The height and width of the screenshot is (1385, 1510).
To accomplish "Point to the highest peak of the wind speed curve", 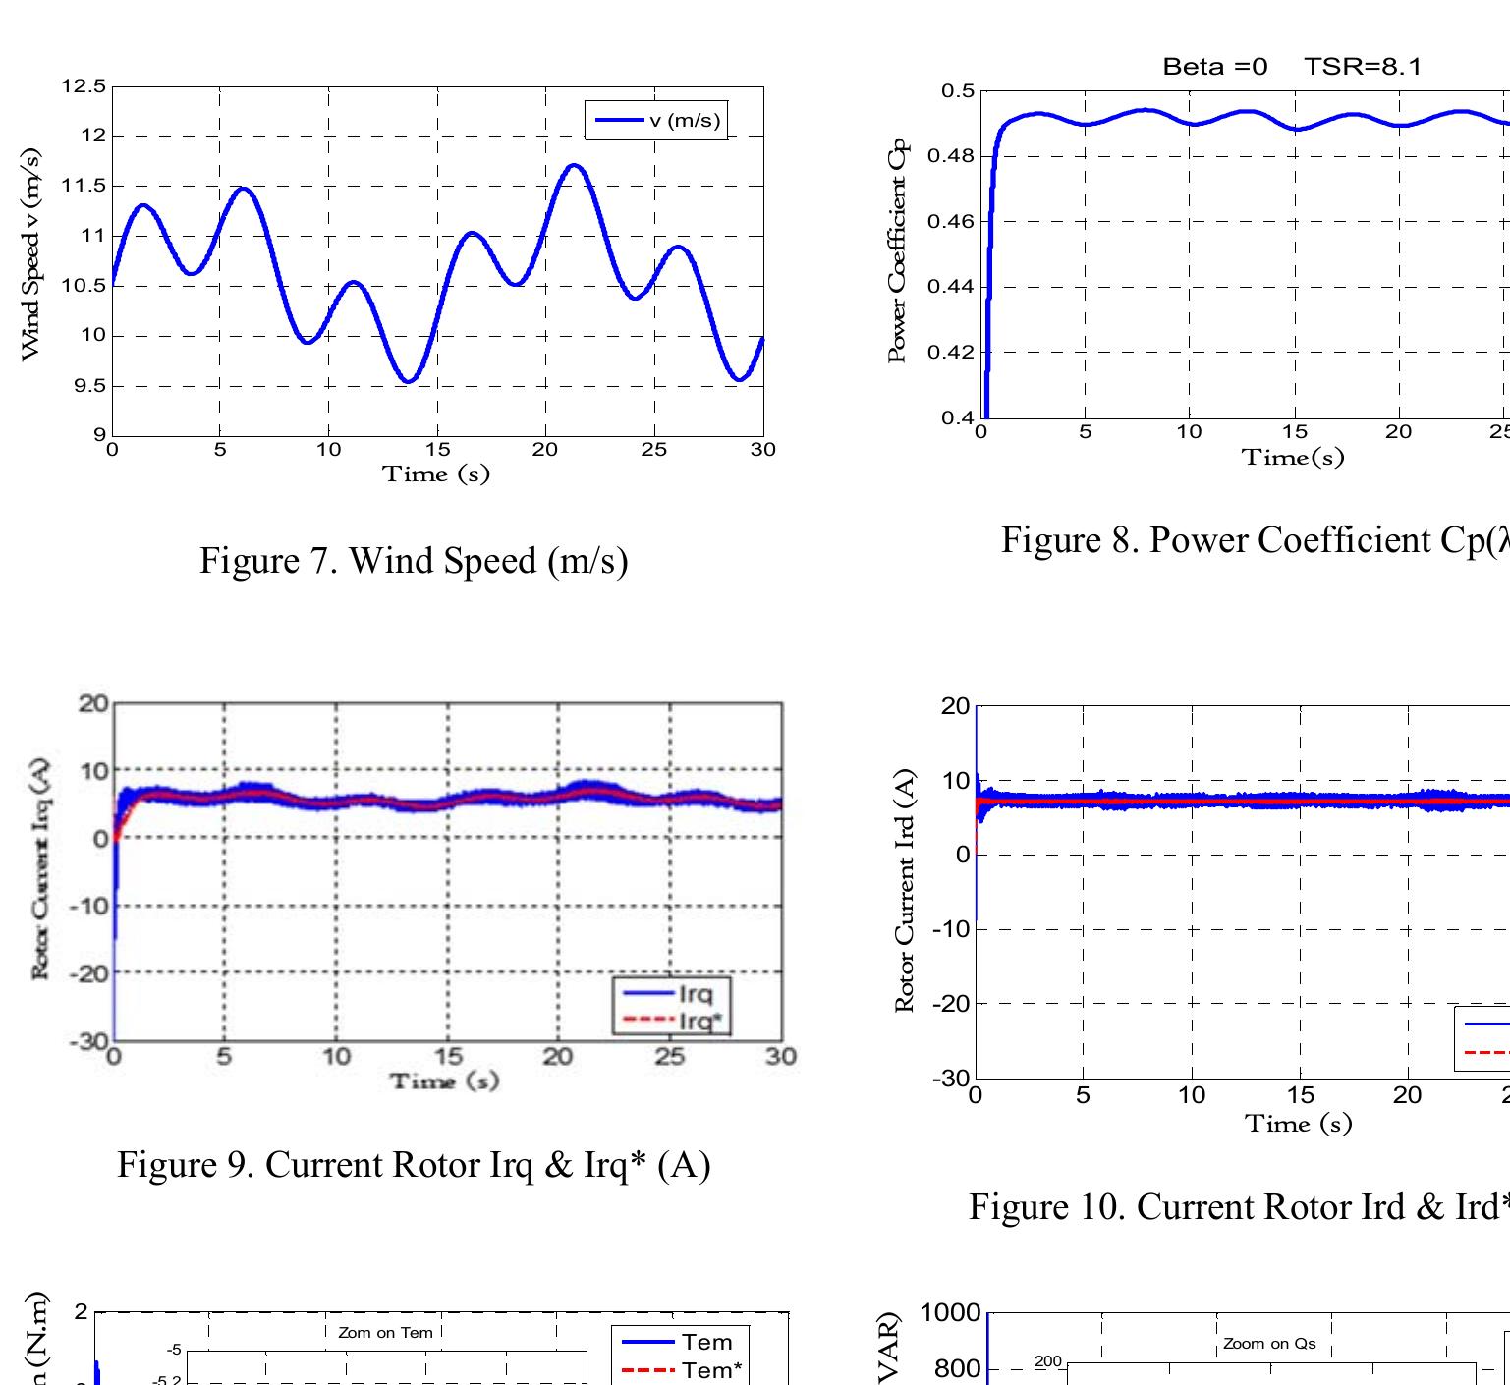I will coord(575,165).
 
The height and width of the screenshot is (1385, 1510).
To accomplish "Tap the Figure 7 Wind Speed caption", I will coord(414,561).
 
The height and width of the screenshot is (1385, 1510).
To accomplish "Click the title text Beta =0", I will coord(1214,67).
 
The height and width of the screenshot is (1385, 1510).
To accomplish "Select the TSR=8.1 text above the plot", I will coord(1363,67).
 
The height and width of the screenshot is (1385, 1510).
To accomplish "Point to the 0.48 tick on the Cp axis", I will coord(957,156).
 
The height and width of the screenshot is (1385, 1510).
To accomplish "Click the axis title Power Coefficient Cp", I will coord(896,255).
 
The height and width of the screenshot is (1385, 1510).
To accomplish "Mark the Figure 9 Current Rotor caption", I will coord(414,1164).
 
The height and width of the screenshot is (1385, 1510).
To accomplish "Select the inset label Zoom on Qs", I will coord(1269,1344).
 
